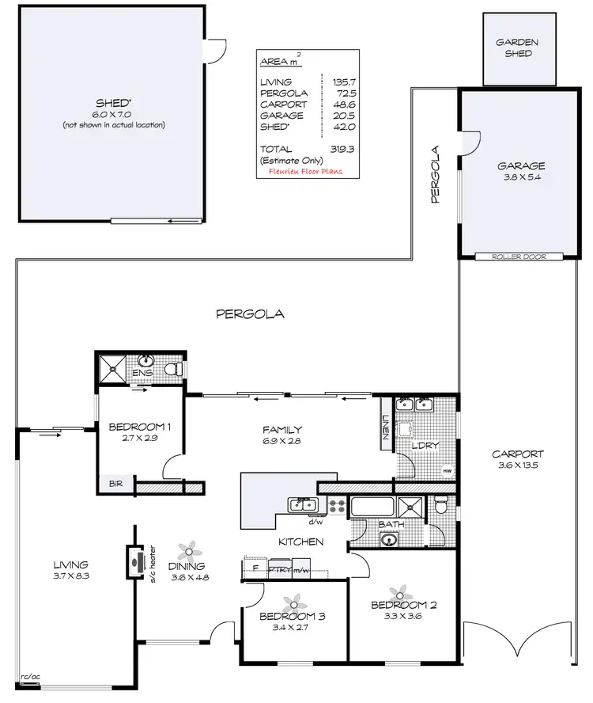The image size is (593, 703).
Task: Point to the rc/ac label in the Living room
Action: (29, 677)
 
